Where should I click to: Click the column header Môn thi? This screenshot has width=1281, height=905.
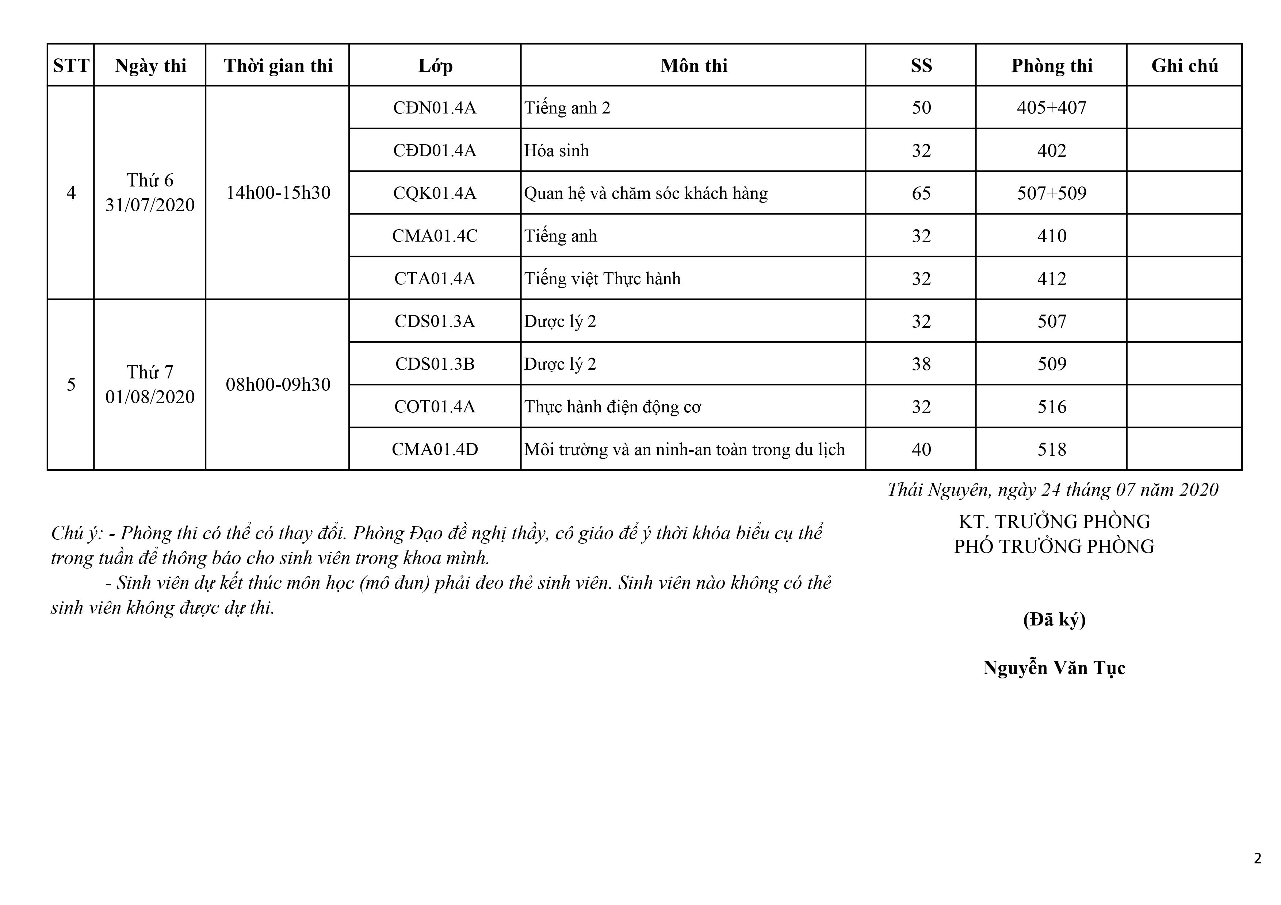(693, 66)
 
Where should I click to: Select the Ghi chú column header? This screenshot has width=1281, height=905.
(1184, 66)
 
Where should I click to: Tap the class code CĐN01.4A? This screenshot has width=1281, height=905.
(435, 108)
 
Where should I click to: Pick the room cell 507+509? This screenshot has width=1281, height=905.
(1051, 193)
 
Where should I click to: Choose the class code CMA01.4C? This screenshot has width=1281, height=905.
(435, 236)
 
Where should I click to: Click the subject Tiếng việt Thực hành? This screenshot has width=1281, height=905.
(602, 279)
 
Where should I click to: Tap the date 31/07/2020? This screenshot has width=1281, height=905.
(150, 205)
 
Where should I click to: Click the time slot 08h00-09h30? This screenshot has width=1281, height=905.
(278, 385)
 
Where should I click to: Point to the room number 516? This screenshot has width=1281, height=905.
(1051, 407)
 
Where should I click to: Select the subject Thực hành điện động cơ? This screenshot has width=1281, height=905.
(612, 407)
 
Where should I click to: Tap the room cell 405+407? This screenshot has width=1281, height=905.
(1051, 108)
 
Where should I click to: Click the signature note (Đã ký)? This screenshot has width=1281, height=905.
(1054, 620)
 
